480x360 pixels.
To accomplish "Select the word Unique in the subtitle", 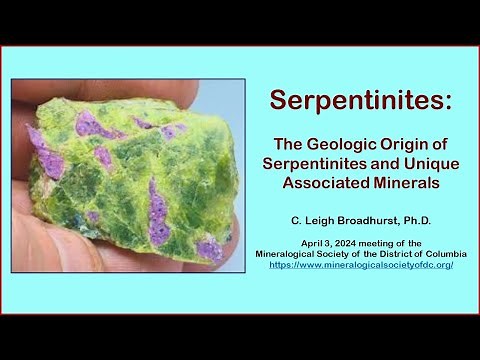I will (422, 165).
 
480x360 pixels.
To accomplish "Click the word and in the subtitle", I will (379, 165).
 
